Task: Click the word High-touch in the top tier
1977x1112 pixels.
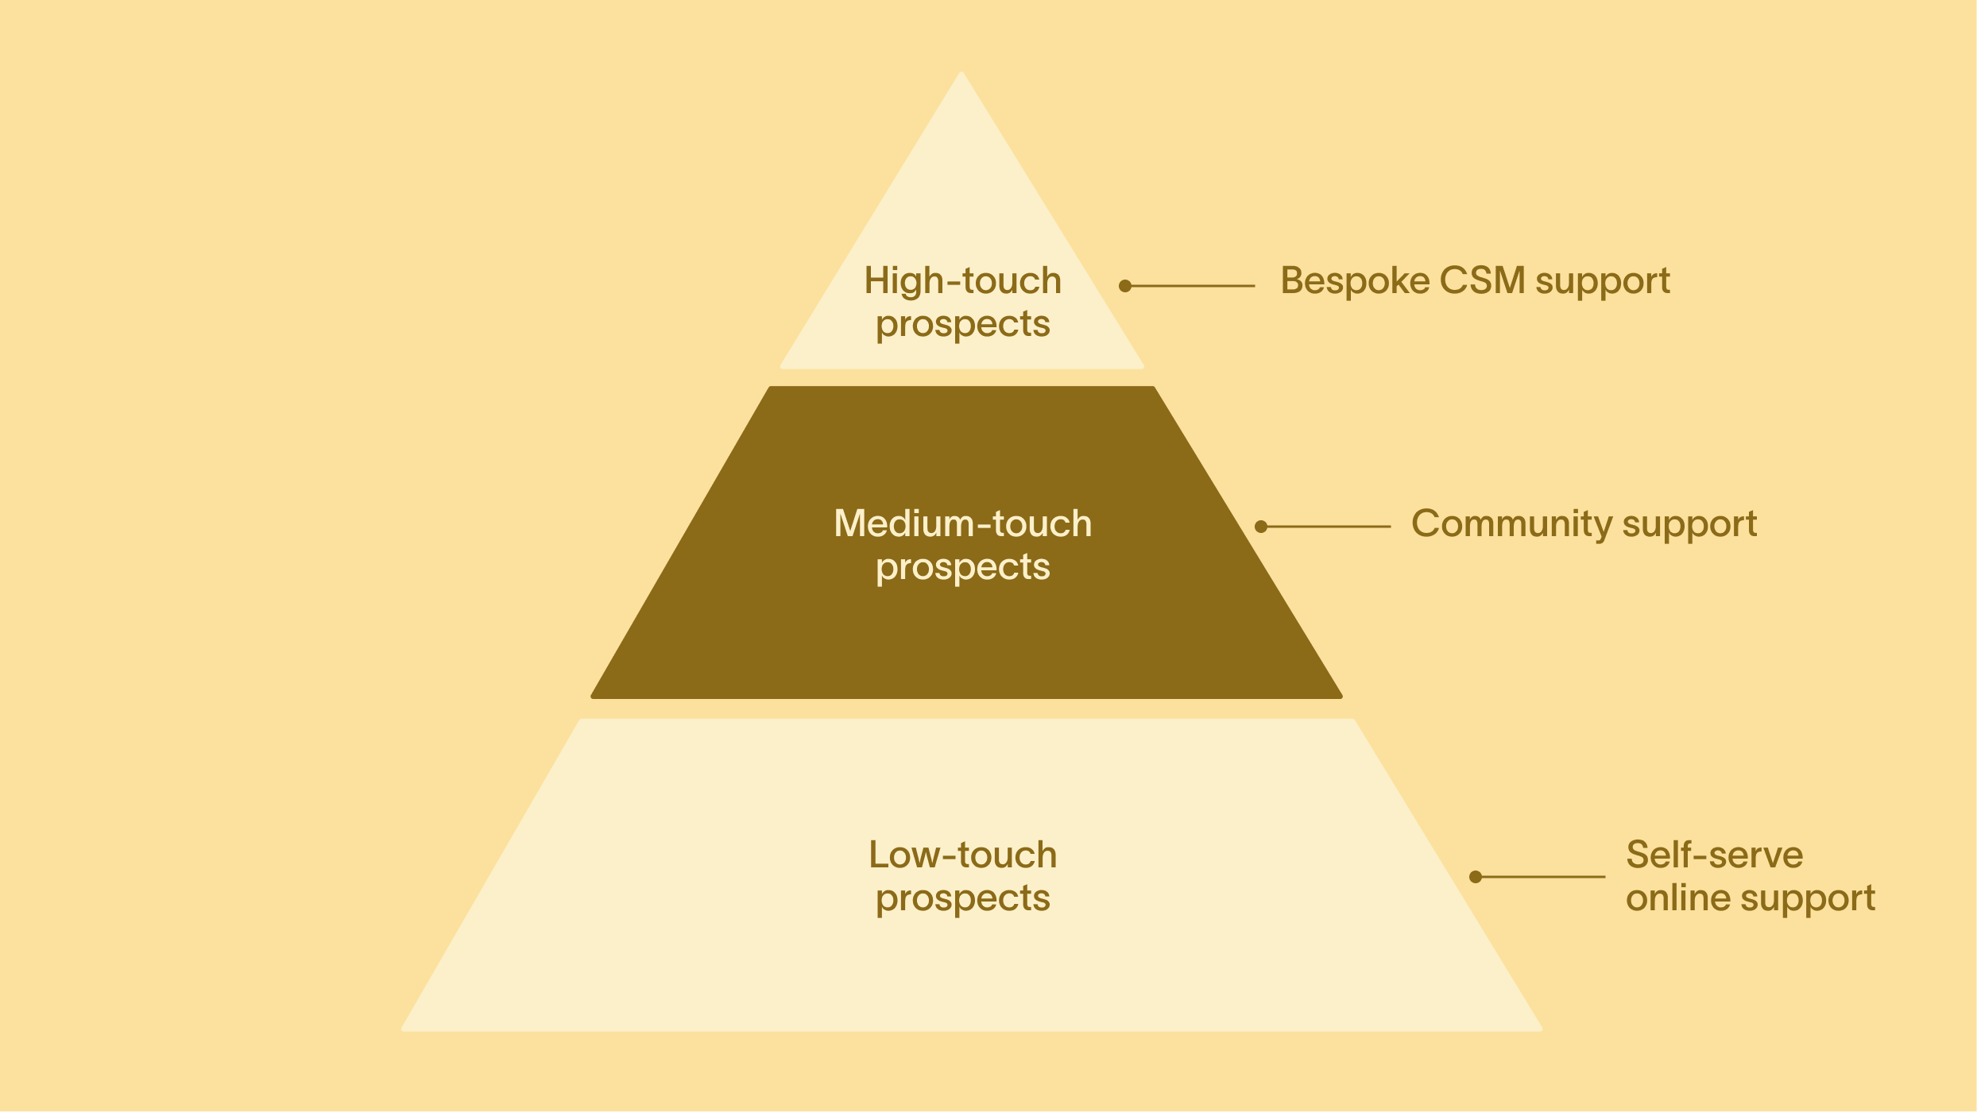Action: point(962,281)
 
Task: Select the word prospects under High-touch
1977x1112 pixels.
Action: point(962,325)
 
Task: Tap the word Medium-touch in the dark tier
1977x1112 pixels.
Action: point(962,524)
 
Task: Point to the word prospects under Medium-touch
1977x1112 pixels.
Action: point(962,568)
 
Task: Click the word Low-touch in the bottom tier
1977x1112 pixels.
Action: point(962,855)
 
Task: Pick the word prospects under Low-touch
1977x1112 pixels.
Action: point(962,899)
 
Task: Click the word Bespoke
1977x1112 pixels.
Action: point(1354,281)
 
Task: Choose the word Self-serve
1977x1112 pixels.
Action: point(1714,855)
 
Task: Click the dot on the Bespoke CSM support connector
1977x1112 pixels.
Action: point(1125,286)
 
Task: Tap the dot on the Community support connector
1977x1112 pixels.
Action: point(1261,527)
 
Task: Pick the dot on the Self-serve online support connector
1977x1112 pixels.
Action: point(1476,877)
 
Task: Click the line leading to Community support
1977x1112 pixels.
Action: point(1327,527)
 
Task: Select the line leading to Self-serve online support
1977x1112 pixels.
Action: point(1542,877)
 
